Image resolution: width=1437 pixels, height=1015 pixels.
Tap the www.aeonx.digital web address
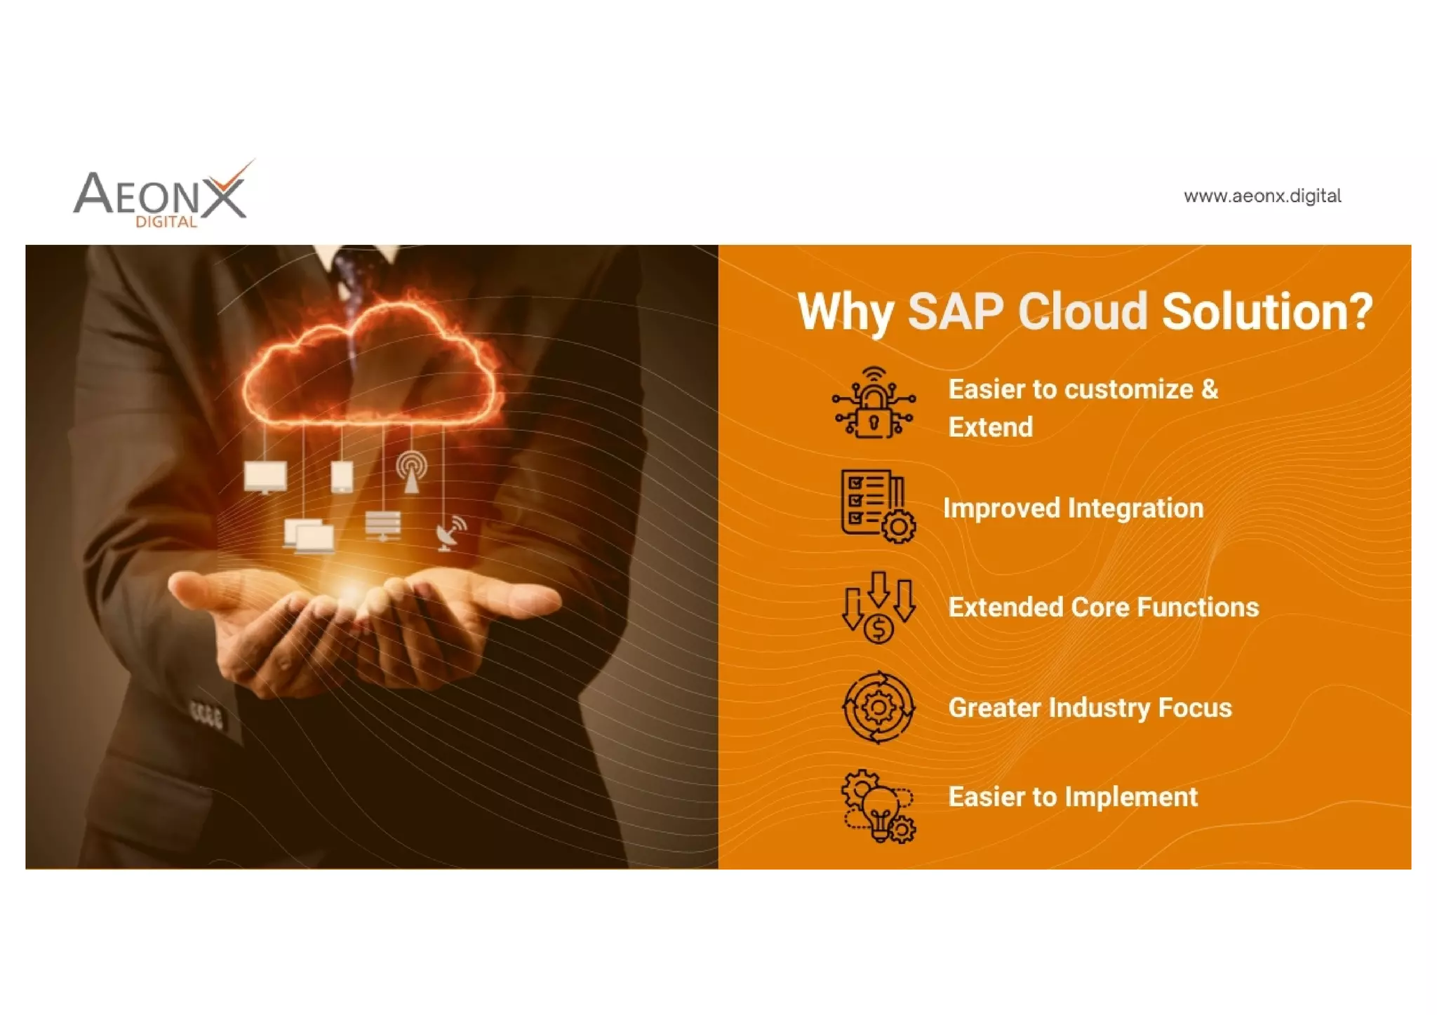click(x=1262, y=196)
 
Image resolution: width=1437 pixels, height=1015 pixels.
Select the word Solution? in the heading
click(x=1266, y=311)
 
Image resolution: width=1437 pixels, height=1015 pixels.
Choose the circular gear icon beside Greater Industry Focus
click(x=878, y=707)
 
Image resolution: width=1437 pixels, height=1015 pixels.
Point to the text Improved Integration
click(x=1073, y=508)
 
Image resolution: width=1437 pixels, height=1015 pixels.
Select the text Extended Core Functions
click(x=1103, y=607)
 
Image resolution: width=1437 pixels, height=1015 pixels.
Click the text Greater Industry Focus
click(x=1090, y=708)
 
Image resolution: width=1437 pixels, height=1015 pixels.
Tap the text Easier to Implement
click(x=1073, y=797)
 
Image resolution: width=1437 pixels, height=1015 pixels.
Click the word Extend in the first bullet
click(x=990, y=427)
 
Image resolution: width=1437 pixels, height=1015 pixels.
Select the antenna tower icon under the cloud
click(x=411, y=472)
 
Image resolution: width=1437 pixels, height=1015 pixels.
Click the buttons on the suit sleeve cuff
click(x=208, y=715)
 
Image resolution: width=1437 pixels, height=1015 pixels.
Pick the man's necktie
click(x=354, y=270)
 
